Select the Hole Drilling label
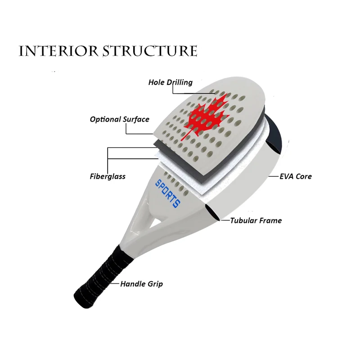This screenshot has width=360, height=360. pyautogui.click(x=171, y=82)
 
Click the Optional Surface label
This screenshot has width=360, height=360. pyautogui.click(x=119, y=119)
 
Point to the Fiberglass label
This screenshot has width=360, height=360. pyautogui.click(x=108, y=176)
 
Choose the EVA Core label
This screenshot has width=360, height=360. pyautogui.click(x=296, y=176)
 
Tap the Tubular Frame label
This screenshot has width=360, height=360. pyautogui.click(x=256, y=220)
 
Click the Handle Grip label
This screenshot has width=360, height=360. pyautogui.click(x=141, y=284)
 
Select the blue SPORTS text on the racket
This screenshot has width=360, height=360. pyautogui.click(x=167, y=194)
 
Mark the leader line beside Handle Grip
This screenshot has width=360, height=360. pyautogui.click(x=115, y=284)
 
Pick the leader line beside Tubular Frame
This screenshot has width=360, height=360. pyautogui.click(x=225, y=220)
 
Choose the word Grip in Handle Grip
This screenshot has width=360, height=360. pyautogui.click(x=155, y=284)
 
